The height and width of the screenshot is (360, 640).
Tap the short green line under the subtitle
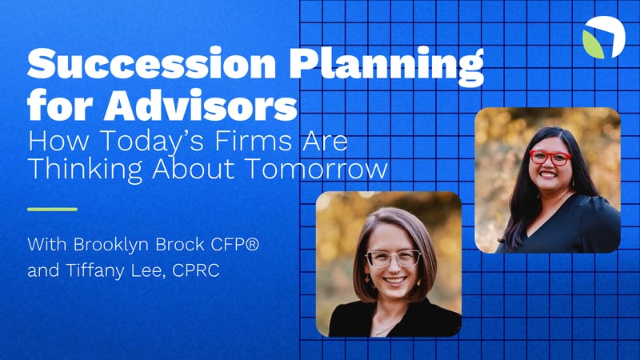[x=52, y=209]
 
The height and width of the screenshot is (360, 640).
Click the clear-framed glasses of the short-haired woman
[x=394, y=258]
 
